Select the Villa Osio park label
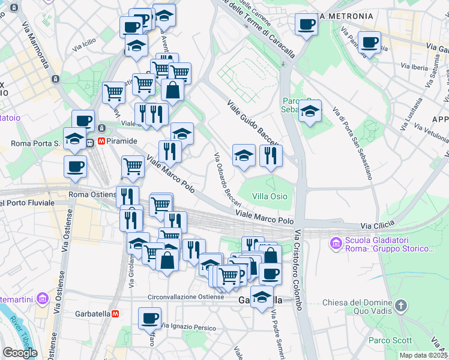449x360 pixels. pos(270,196)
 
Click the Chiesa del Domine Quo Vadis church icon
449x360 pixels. pos(402,307)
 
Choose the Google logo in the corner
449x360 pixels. pos(20,353)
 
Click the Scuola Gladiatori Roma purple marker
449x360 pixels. pos(336,244)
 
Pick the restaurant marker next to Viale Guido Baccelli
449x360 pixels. pos(271,155)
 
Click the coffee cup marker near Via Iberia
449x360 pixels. pos(370,43)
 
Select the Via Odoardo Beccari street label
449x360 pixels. pos(228,179)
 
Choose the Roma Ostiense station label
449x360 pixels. pos(92,194)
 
